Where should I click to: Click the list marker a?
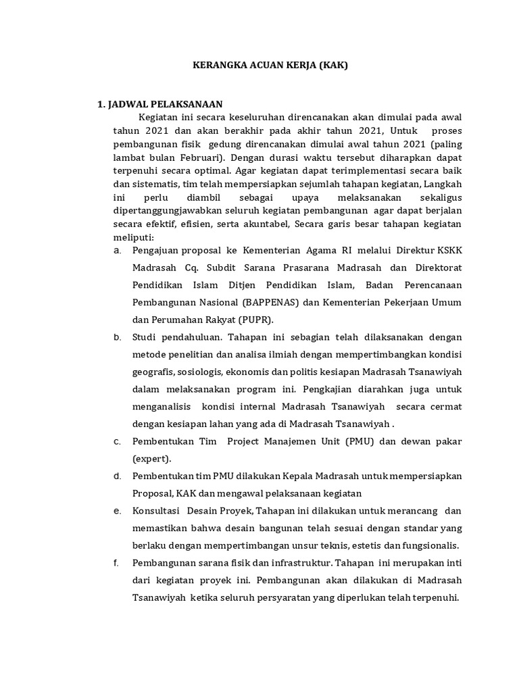[118, 250]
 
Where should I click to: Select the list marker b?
[118, 337]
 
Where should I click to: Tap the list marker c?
[118, 441]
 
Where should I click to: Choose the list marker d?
[118, 476]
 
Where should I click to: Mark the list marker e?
[118, 511]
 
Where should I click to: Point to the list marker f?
[117, 563]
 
